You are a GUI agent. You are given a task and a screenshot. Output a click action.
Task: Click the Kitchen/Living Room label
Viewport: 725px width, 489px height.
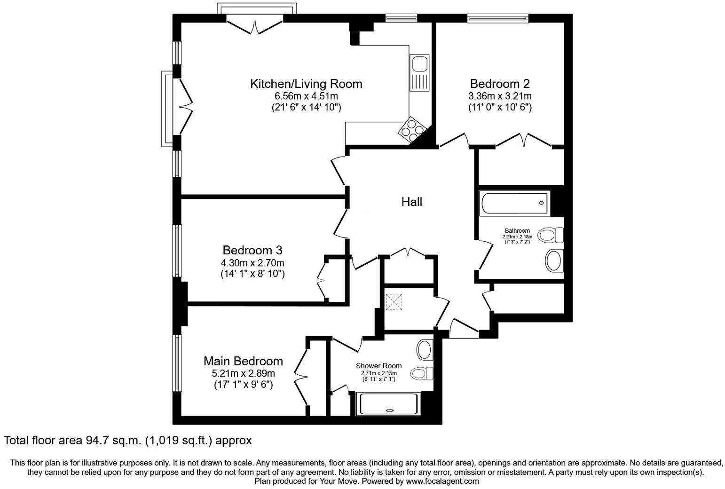pos(306,84)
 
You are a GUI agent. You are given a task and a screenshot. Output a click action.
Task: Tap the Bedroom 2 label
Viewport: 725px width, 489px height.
pos(500,84)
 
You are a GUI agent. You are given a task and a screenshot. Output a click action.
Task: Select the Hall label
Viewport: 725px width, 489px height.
pos(411,202)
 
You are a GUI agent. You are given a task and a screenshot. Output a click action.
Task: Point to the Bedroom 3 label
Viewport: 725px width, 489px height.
pos(252,250)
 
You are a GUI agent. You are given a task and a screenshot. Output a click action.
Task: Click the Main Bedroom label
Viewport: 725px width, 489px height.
pos(243,361)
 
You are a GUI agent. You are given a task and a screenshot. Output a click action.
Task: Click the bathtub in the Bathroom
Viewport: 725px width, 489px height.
pos(514,204)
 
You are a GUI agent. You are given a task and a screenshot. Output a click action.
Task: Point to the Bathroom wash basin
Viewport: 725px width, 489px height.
pos(554,260)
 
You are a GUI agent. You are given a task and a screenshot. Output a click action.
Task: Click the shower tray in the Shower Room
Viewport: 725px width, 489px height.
pos(388,404)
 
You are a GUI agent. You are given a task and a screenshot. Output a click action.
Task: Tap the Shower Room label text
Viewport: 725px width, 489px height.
pos(378,366)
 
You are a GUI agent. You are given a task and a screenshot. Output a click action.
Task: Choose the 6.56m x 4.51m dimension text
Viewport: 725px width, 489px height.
pos(306,96)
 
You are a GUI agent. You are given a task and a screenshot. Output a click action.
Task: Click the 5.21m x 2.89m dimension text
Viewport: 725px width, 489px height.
pos(243,373)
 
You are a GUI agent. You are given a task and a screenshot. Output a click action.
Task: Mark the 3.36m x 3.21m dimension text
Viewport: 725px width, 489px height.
pos(500,96)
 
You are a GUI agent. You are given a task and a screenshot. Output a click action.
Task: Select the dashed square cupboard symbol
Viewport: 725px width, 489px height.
pos(394,302)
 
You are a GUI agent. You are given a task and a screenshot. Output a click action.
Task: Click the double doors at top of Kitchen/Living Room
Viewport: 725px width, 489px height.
pos(255,25)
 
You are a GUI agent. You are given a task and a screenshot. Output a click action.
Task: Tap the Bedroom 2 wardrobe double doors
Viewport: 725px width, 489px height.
pos(524,140)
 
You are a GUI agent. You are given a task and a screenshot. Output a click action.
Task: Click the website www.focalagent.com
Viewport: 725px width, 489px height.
pos(442,481)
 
